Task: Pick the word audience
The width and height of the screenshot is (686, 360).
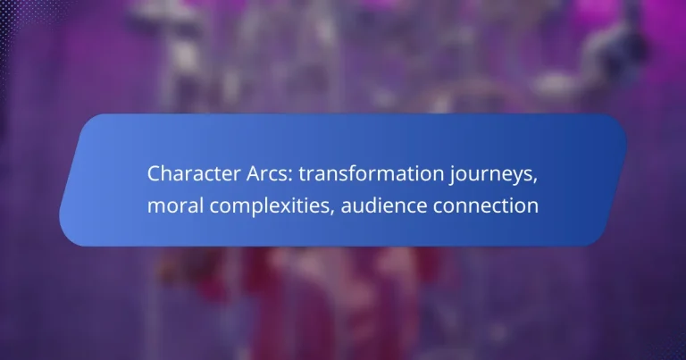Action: coord(383,206)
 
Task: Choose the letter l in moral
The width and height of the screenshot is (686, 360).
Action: coord(198,205)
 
